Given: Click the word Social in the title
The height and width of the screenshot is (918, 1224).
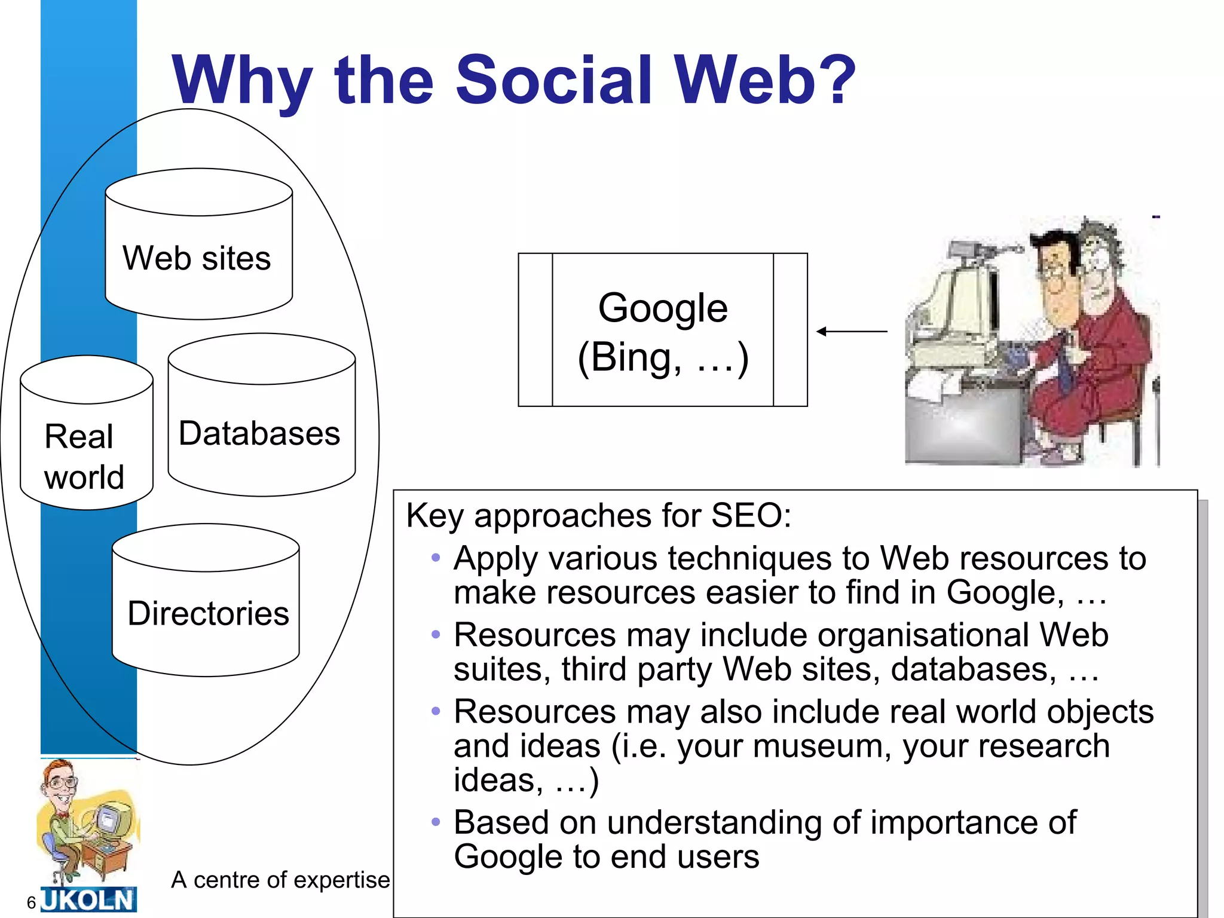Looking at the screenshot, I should [553, 80].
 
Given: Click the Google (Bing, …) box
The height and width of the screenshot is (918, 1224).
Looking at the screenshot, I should [663, 331].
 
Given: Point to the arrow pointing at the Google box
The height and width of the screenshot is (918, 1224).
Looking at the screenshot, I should [852, 331].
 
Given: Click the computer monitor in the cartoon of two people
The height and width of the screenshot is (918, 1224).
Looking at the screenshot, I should [956, 299].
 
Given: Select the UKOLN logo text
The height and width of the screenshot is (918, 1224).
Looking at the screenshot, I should [88, 899].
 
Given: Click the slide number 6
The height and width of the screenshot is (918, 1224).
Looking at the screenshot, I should [32, 902].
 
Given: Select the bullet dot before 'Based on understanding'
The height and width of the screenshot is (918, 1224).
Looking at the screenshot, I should [436, 822].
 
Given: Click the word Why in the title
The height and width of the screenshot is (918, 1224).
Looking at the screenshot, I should [242, 80].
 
